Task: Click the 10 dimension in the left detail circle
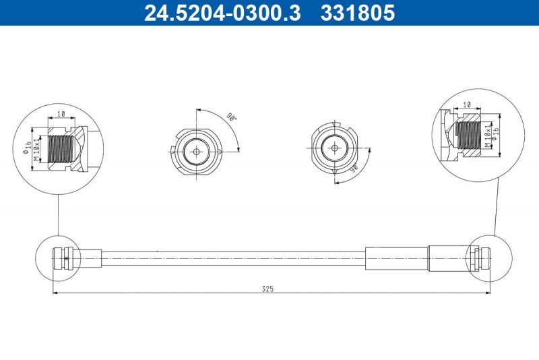(61, 115)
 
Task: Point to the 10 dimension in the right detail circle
(467, 105)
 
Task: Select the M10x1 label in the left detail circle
(38, 146)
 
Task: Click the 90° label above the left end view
(230, 116)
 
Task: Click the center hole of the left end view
(196, 151)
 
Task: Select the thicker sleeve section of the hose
(397, 258)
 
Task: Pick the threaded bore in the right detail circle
(468, 135)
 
